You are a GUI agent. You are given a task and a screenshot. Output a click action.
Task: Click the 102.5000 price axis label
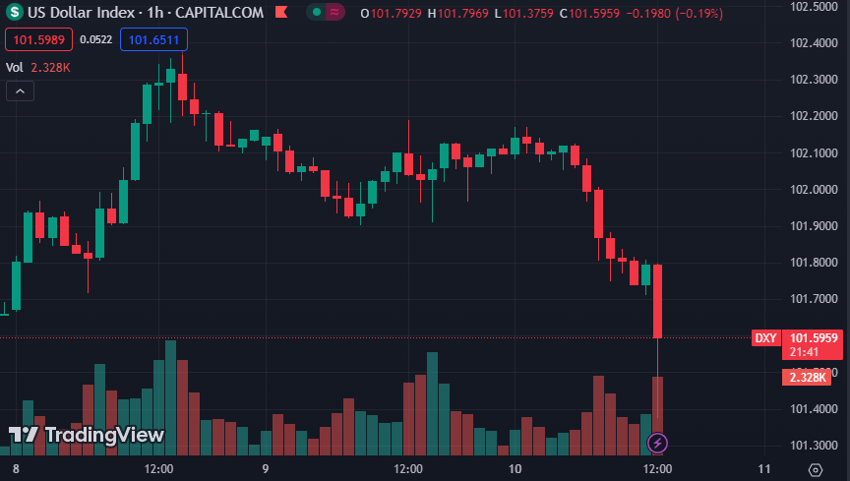click(813, 6)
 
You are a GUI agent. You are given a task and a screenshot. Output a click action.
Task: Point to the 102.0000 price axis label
click(813, 189)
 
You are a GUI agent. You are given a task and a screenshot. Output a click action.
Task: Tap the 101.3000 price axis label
click(813, 446)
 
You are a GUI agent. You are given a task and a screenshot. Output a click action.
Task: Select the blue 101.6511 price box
click(153, 39)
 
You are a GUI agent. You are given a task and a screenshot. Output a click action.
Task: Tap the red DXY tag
click(765, 337)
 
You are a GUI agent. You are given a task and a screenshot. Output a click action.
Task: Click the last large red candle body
click(657, 300)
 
